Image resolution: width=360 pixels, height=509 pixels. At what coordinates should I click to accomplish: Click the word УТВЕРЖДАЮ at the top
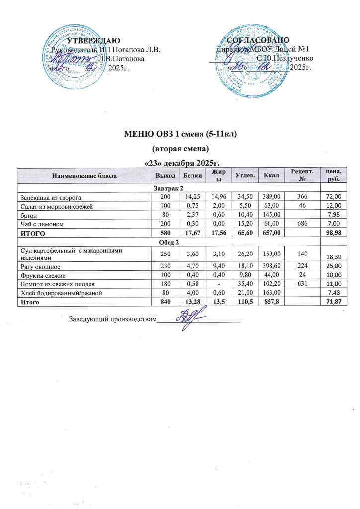(x=93, y=40)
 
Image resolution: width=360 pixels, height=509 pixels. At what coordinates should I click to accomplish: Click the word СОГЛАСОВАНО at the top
(x=258, y=40)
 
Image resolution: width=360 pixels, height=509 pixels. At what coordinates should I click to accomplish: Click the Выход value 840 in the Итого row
(x=158, y=301)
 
